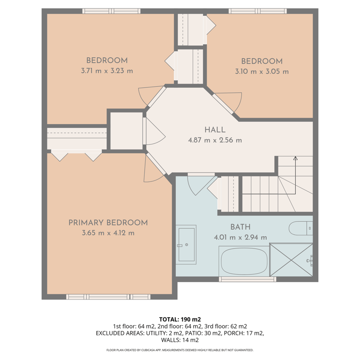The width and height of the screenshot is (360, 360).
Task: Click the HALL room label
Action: coord(215,130)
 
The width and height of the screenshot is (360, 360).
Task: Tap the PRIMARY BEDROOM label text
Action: coord(108,223)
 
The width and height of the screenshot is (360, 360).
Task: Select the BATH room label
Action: coord(240,227)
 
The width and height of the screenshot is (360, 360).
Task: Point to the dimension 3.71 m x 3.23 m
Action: coord(107,71)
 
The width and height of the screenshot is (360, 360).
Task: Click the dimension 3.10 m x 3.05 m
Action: coord(262,71)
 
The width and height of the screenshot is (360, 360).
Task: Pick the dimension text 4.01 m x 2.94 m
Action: coord(240,237)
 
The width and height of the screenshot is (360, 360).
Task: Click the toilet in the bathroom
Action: coord(300,228)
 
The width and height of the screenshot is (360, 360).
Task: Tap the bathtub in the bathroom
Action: coord(244,261)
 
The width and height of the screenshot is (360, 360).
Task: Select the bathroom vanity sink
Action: coord(186,245)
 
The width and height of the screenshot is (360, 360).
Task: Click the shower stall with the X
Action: coord(291,260)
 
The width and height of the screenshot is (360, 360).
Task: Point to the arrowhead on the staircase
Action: coord(295,158)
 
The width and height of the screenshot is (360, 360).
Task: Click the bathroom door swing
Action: coord(202,185)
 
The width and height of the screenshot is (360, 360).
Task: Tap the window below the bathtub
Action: coord(247,279)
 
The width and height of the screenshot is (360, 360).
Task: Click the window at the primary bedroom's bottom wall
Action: coord(108,297)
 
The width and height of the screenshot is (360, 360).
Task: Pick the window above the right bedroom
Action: coord(258,11)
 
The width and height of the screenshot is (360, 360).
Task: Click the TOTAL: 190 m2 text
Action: coord(180,319)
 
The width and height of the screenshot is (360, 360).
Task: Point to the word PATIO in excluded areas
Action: coord(192,333)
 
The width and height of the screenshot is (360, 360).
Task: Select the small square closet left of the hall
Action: coord(127,131)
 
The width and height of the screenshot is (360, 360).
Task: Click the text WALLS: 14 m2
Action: coord(180,340)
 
